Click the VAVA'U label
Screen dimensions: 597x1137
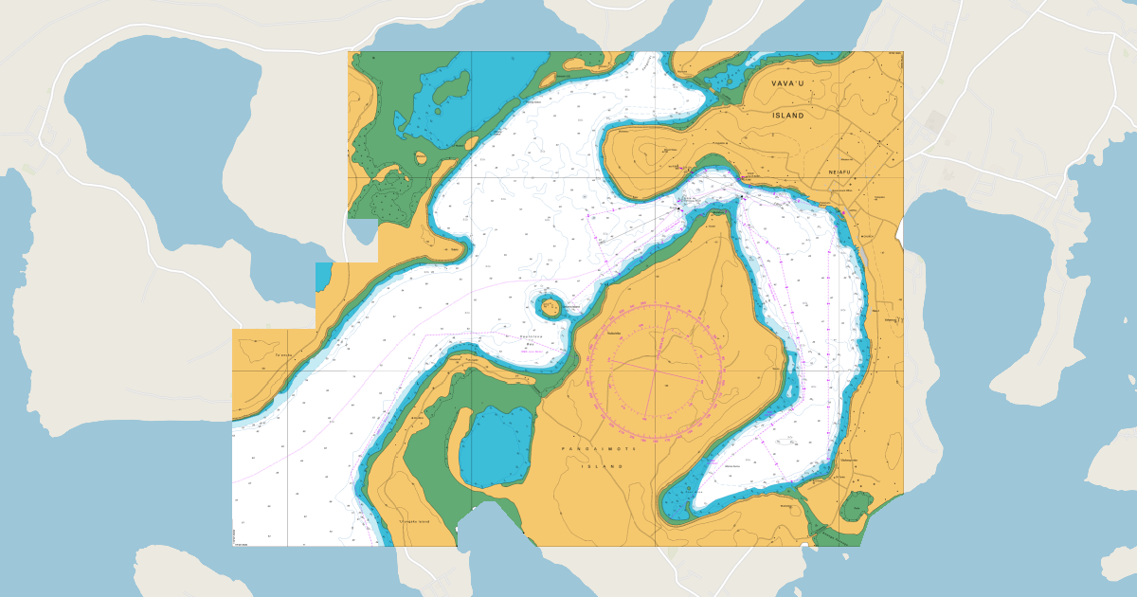[787, 83]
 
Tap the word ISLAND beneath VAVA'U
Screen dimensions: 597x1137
[787, 116]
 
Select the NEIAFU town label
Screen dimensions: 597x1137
[840, 172]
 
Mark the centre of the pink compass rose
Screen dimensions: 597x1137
[655, 371]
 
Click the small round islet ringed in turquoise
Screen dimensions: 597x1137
[550, 306]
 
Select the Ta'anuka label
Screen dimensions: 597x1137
[282, 355]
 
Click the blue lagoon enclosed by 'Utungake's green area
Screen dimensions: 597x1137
[496, 445]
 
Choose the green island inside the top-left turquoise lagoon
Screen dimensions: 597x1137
[451, 87]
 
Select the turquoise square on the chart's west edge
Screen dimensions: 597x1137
[324, 276]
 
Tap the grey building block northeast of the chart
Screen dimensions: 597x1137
[934, 121]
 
